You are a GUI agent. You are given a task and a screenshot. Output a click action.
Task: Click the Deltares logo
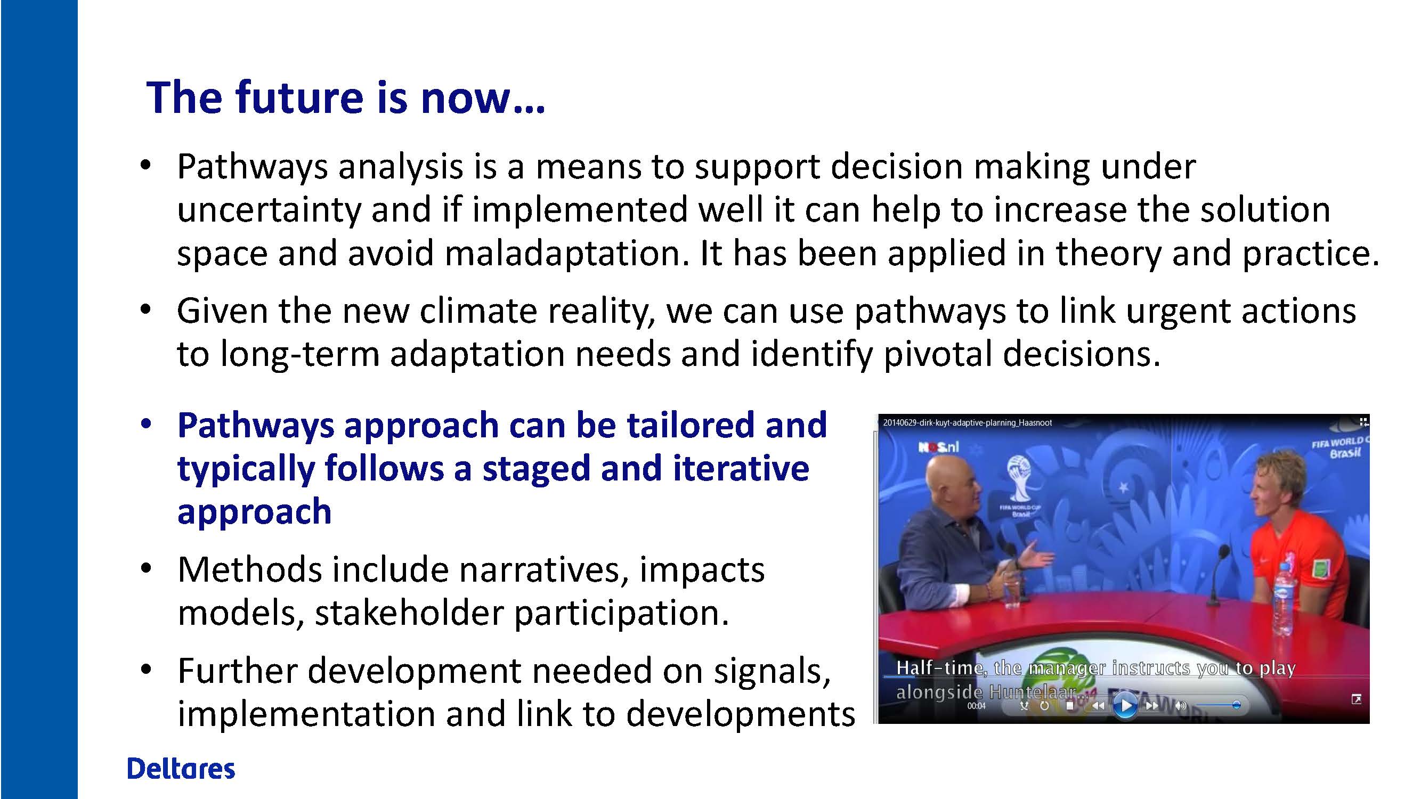click(x=181, y=769)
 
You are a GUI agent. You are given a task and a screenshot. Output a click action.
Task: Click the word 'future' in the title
click(x=299, y=98)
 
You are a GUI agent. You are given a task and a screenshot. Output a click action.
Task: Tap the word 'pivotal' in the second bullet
click(x=938, y=354)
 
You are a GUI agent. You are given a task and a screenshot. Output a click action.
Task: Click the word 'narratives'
click(x=543, y=569)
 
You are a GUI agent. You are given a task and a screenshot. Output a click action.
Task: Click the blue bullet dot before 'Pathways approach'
click(x=145, y=424)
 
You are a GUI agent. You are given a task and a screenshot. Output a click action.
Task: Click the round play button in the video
click(x=1125, y=706)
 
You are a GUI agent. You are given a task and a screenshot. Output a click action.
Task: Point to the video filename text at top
click(x=967, y=423)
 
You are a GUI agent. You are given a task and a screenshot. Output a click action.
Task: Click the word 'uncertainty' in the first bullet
click(x=268, y=210)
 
